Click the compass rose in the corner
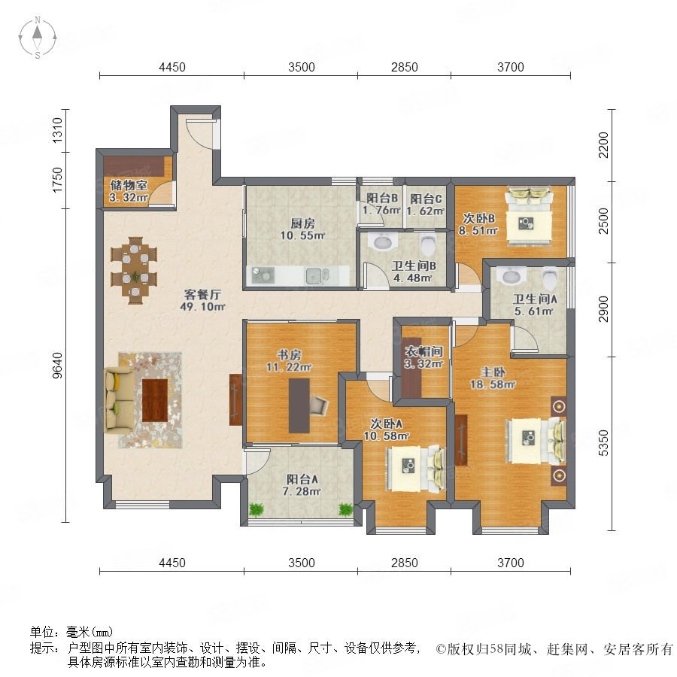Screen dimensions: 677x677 click(38, 38)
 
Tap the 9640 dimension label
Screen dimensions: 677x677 click(56, 366)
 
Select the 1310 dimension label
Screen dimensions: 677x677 click(56, 130)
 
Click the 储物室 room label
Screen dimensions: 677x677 click(129, 186)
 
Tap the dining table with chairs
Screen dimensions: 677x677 click(135, 270)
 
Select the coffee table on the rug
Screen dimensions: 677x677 click(155, 400)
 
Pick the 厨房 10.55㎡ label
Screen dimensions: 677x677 click(302, 229)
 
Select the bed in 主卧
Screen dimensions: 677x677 click(536, 441)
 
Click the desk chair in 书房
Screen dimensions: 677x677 click(319, 405)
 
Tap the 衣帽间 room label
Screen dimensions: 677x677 click(424, 352)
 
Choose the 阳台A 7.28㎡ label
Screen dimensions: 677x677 click(302, 485)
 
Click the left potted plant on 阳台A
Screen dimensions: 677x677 click(257, 509)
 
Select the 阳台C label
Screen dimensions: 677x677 click(426, 199)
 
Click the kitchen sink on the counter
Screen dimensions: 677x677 click(317, 275)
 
